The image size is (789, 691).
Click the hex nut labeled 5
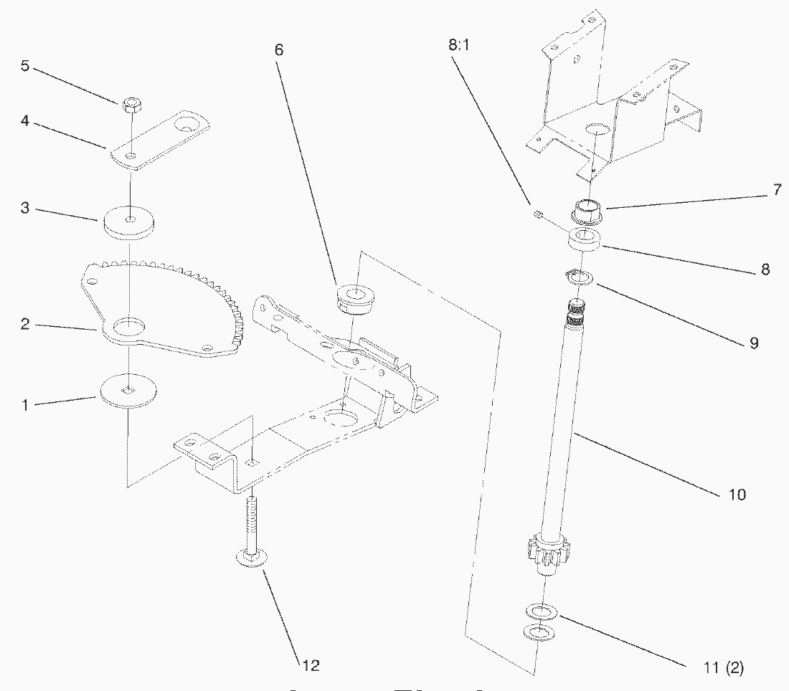click(x=131, y=105)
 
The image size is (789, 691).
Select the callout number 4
click(x=25, y=121)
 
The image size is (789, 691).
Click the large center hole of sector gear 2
click(x=128, y=327)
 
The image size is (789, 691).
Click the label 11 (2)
click(x=724, y=668)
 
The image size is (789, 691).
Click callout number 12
click(x=310, y=664)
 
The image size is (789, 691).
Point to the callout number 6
click(x=278, y=49)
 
